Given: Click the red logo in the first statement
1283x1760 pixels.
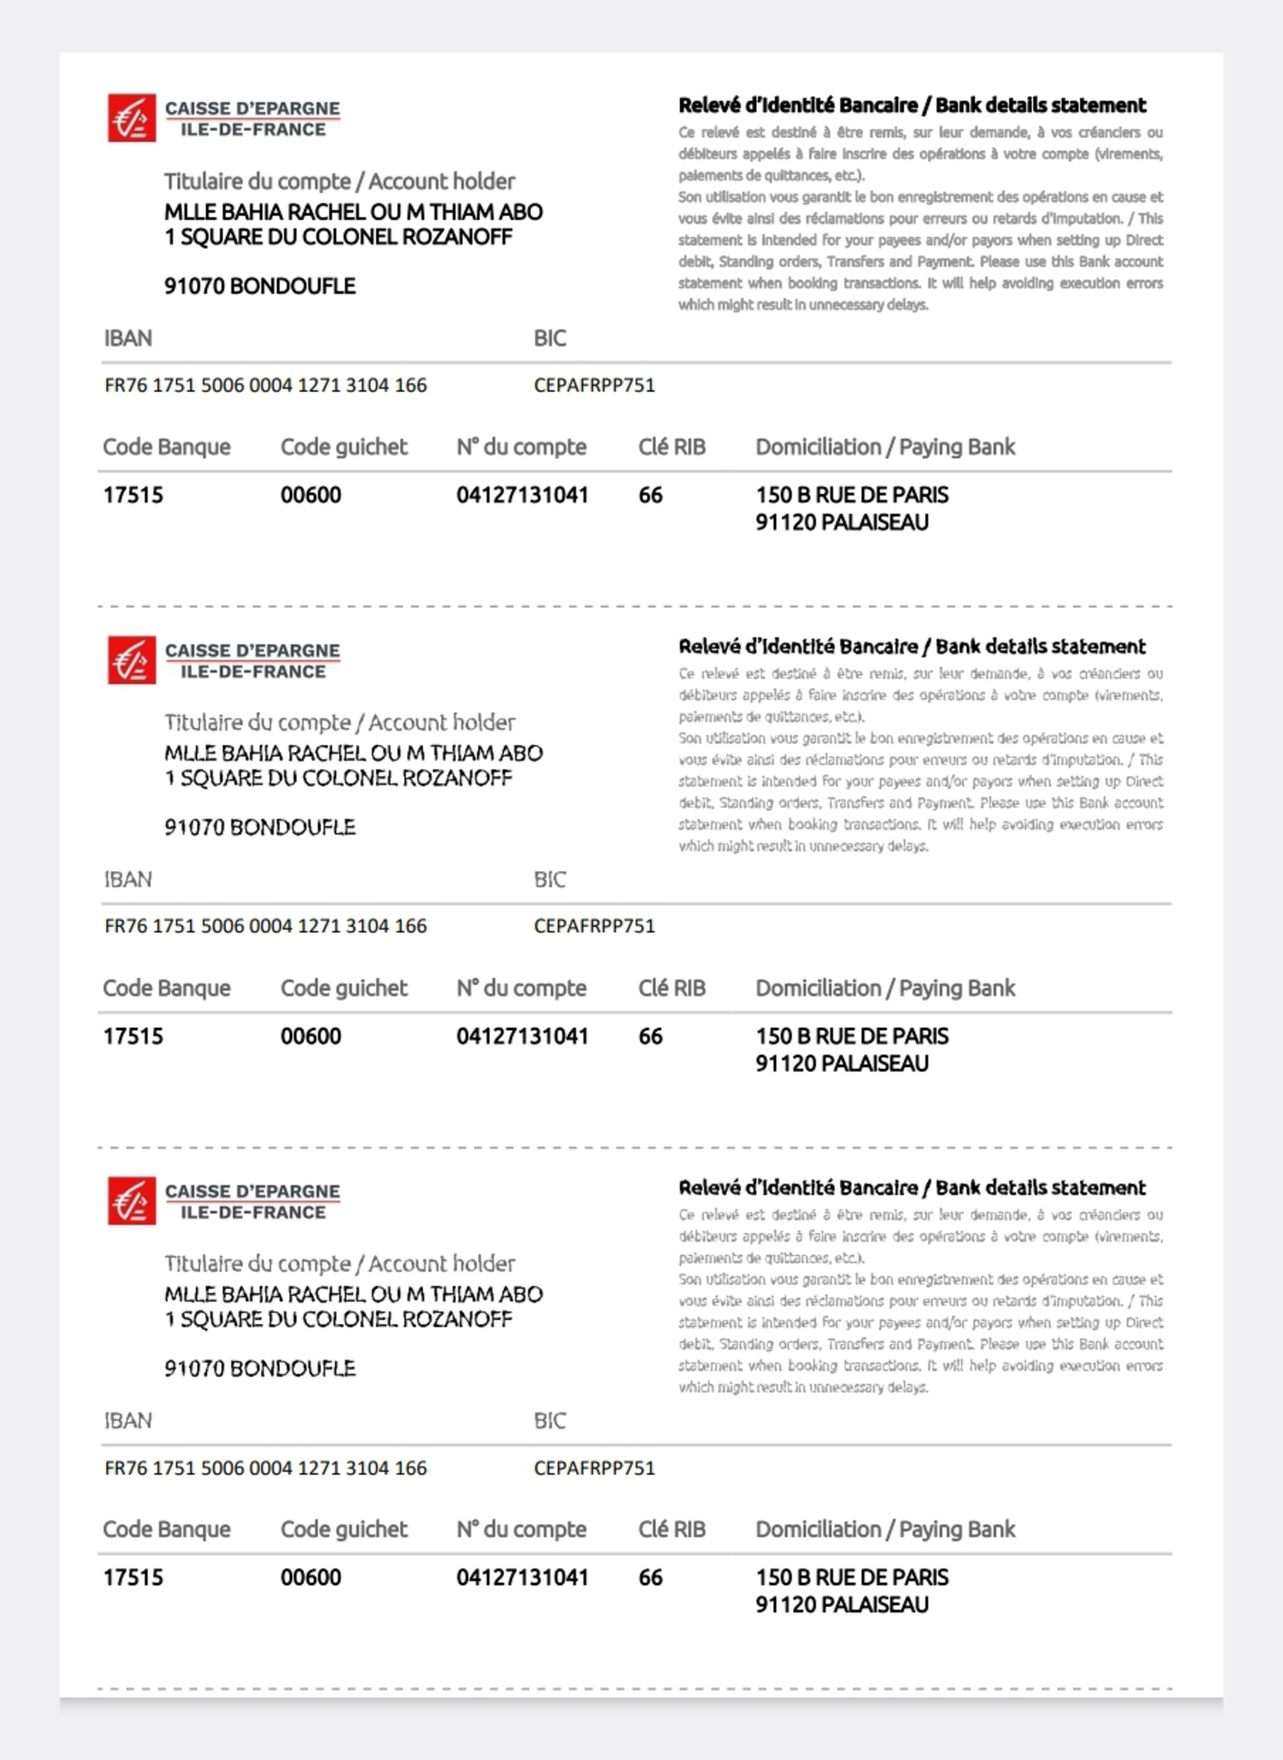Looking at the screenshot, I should [132, 117].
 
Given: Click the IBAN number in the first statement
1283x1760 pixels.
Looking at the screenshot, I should [266, 385].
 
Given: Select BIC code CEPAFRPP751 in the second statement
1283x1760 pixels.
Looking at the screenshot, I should [594, 926].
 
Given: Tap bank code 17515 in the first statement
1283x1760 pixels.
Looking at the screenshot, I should [133, 495].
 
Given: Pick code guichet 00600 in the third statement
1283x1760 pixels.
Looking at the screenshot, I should [310, 1578].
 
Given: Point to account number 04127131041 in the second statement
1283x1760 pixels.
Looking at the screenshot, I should [522, 1036].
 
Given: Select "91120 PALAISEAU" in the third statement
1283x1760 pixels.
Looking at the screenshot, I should [842, 1605].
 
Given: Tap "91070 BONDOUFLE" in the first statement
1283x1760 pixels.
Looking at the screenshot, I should [259, 286].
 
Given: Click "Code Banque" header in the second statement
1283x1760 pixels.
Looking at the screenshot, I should [166, 988].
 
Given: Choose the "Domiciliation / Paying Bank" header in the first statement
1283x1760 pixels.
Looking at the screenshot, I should [885, 447].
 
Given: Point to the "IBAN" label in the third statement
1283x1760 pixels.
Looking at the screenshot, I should [128, 1421].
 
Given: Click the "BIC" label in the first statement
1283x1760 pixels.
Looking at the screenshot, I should [550, 338].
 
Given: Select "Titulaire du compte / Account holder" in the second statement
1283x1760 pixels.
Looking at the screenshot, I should [339, 722].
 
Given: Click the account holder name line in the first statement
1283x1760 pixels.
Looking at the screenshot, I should [353, 211].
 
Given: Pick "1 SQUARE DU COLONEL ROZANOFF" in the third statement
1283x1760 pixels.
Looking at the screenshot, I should [338, 1319].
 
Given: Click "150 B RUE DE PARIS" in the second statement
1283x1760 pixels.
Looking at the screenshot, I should [852, 1036].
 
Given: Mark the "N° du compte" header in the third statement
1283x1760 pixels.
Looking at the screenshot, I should [521, 1529].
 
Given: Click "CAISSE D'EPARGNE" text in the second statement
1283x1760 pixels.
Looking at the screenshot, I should [252, 650].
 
